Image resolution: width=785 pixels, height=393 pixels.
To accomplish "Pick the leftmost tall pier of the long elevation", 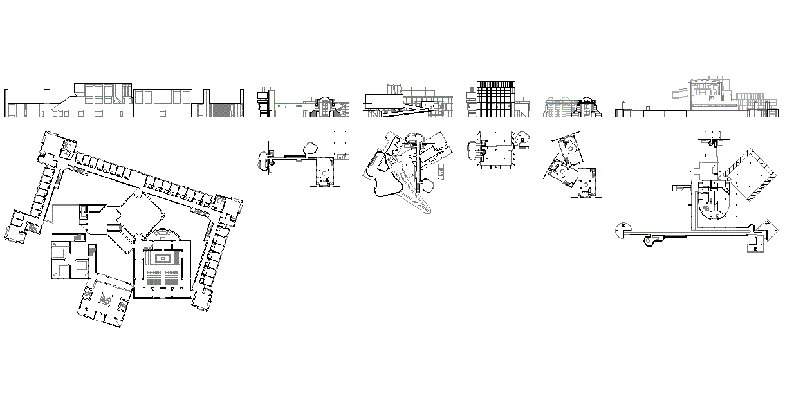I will [x=6, y=103].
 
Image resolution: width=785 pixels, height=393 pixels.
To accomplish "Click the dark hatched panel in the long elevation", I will [x=223, y=109].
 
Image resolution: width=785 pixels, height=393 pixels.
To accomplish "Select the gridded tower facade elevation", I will [x=495, y=99].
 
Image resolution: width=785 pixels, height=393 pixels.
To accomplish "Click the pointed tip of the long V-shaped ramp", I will [x=430, y=215].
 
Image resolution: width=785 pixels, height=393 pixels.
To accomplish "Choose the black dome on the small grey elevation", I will [x=586, y=101].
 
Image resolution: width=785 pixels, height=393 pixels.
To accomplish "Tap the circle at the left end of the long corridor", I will [x=622, y=230].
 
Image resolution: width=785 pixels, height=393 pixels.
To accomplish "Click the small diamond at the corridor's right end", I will [x=766, y=227].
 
